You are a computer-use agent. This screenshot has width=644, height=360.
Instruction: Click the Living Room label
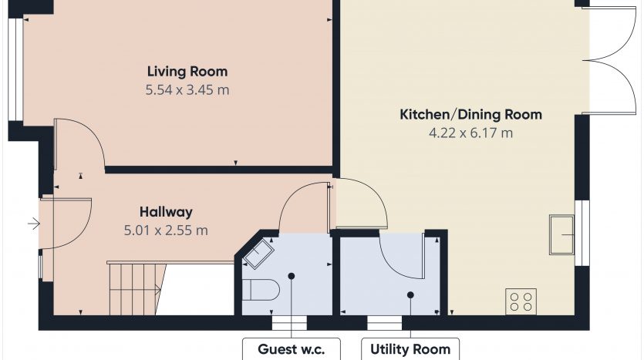tap(187, 72)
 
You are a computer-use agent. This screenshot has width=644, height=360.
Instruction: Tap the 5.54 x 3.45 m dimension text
tap(187, 90)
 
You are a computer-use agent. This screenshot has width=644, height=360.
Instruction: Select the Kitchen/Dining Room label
tap(470, 115)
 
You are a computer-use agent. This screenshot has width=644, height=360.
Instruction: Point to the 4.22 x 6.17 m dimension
tap(470, 133)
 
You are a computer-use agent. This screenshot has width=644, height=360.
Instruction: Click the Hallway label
tap(166, 212)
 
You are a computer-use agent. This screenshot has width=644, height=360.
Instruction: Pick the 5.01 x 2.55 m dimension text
tap(166, 230)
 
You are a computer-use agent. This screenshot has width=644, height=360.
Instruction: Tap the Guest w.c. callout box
tap(292, 349)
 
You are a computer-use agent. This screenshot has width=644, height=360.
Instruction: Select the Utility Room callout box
tap(410, 349)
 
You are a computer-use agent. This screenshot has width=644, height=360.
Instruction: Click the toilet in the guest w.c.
tap(261, 290)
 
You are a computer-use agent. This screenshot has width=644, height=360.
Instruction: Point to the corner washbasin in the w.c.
tap(258, 254)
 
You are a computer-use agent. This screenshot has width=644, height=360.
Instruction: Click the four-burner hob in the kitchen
tap(521, 301)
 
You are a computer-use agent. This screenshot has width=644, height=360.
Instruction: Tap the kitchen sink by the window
tap(561, 235)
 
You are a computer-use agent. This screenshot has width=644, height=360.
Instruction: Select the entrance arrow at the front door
tap(34, 224)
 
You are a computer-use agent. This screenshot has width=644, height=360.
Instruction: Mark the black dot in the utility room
tap(410, 294)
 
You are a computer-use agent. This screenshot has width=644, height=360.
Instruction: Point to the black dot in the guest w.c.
tap(292, 276)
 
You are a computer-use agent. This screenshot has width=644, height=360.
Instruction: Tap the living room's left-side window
tap(16, 70)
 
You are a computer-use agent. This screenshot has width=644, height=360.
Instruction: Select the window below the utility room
tap(384, 323)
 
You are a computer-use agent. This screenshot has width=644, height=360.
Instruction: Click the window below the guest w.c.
tap(289, 323)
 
